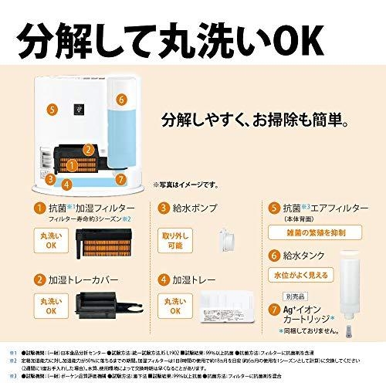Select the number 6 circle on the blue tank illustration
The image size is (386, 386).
click(121, 100)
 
